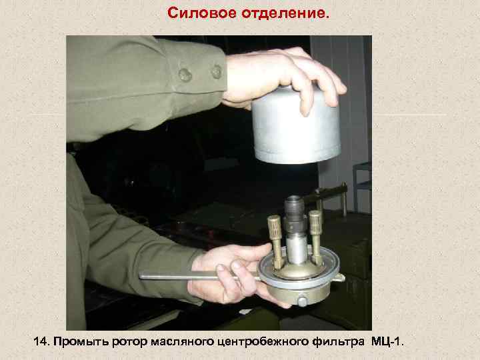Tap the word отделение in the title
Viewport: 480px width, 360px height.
(279, 13)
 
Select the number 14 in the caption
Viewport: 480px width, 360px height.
(41, 341)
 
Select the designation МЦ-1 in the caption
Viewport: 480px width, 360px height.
(386, 341)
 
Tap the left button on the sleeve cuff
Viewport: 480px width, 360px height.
(185, 75)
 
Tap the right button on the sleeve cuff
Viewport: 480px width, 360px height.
(216, 71)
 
